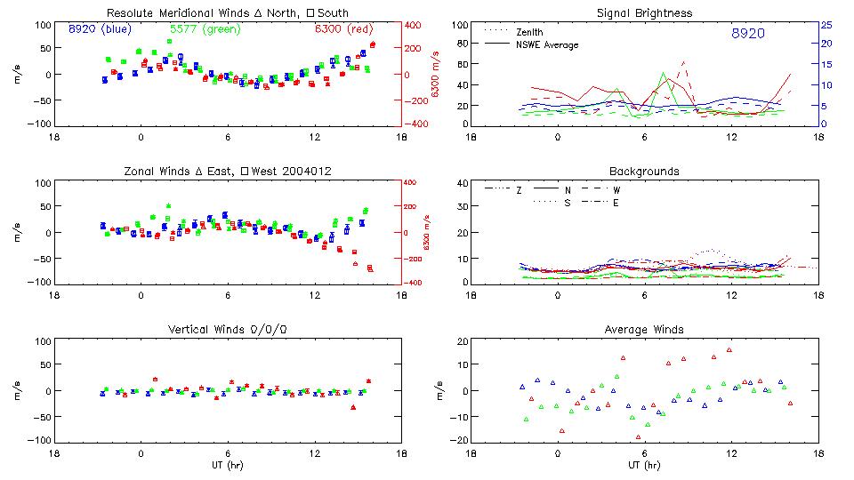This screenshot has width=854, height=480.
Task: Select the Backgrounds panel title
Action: coord(645,171)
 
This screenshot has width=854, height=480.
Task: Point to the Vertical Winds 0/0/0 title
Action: coord(227,330)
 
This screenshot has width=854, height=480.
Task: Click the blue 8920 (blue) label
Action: coord(100,28)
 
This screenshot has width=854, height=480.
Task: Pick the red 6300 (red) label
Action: coord(345,28)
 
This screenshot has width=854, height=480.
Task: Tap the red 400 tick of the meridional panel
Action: coord(415,25)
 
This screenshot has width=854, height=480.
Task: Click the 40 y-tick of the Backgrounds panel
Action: coord(462,184)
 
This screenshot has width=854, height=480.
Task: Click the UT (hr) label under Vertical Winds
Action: coord(227,465)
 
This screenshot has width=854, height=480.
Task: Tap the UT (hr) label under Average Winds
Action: coord(645,465)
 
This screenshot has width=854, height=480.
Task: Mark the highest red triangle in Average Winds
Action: coord(729,350)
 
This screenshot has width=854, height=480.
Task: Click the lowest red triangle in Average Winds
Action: coord(638,437)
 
